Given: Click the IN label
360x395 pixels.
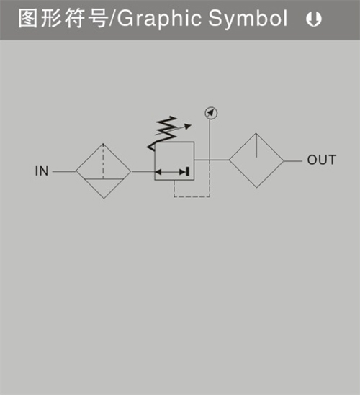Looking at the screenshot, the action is coord(42,171).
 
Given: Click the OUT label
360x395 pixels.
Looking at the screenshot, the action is coord(321,160).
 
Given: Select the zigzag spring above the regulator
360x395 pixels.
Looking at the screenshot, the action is coord(163,134).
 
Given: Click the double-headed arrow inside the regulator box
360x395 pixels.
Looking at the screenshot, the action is coord(172,172).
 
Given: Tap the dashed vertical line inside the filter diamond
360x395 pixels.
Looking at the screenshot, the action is coord(103,161).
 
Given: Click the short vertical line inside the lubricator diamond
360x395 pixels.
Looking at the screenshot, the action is coord(256,145).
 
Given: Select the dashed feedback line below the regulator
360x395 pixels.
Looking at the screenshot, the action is coord(192,196).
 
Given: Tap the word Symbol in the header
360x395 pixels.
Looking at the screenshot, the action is coord(248,19).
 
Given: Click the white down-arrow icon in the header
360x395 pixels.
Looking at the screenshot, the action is coord(314,19).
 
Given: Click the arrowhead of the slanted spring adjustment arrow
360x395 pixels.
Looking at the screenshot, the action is coord(188,126).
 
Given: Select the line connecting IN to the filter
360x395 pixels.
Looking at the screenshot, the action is coord(64,171).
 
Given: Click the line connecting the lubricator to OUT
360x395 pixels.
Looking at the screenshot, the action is coord(293,160).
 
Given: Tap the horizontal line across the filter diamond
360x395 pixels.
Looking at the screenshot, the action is coord(104,179).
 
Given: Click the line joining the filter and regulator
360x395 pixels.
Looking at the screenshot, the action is coord(143,171).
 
